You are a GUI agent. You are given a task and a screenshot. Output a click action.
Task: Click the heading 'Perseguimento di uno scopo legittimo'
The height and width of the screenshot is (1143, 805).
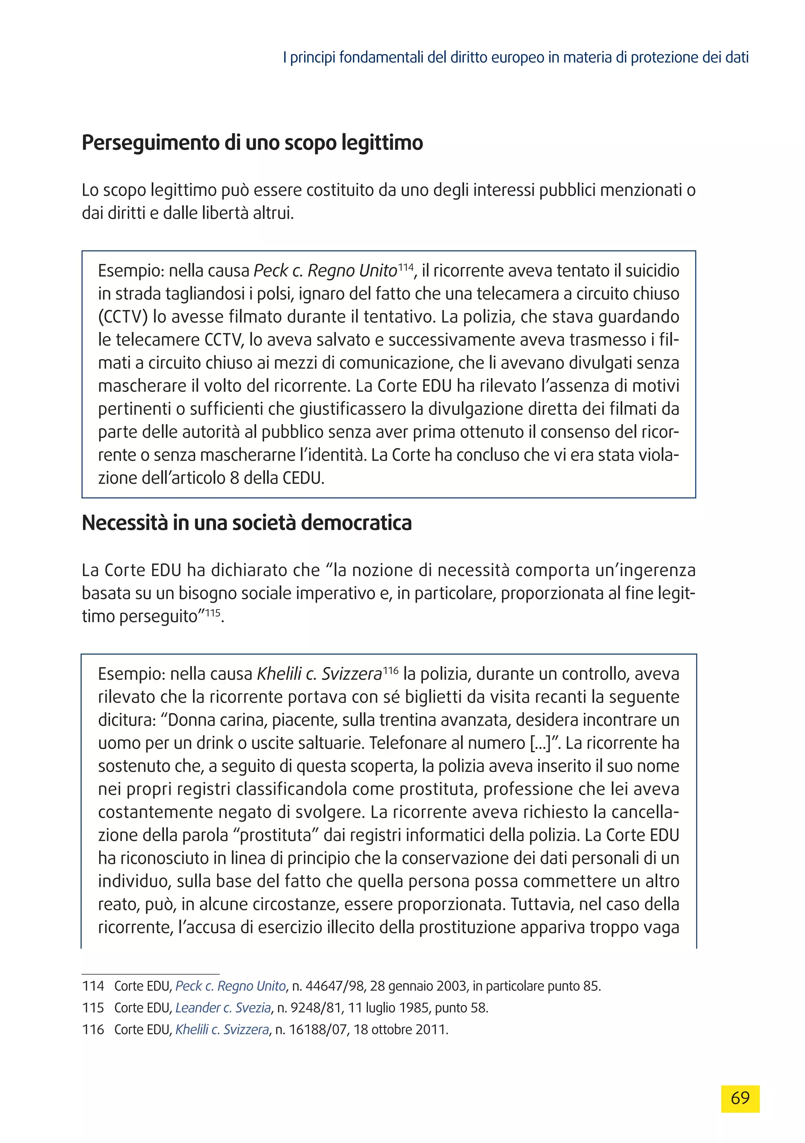point(252,143)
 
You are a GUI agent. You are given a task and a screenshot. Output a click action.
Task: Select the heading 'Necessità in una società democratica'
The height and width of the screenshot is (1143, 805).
point(247,523)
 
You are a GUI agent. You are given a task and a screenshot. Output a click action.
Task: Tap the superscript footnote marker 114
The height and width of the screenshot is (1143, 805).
point(406,267)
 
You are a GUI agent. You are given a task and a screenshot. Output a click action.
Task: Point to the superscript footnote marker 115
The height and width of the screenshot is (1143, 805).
point(213,613)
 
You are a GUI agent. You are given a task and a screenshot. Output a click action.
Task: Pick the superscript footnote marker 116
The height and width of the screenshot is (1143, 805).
point(391,671)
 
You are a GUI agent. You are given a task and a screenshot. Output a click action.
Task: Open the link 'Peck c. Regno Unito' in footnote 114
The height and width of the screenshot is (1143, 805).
point(230,986)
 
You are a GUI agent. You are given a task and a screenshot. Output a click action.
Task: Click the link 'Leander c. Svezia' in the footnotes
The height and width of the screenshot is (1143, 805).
point(223,1008)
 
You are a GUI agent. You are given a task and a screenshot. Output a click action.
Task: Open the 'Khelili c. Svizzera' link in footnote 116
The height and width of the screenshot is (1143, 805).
point(222,1029)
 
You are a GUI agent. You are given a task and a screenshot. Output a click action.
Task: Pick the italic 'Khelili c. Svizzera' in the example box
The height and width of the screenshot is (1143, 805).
point(319,674)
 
